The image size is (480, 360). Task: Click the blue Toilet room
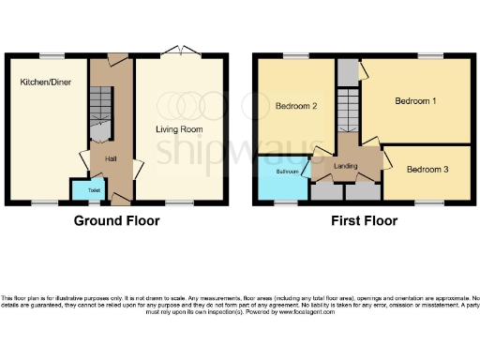click(x=94, y=188)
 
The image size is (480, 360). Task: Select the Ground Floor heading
click(x=117, y=221)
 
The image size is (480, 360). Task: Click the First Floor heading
click(x=363, y=221)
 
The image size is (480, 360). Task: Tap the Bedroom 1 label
click(x=414, y=100)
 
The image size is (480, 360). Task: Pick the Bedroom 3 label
click(x=427, y=170)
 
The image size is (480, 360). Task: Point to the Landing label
click(x=346, y=166)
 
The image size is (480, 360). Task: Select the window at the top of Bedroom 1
click(x=430, y=56)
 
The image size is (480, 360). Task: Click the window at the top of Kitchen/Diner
click(x=45, y=56)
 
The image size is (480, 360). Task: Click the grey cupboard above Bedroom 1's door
click(x=348, y=70)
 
